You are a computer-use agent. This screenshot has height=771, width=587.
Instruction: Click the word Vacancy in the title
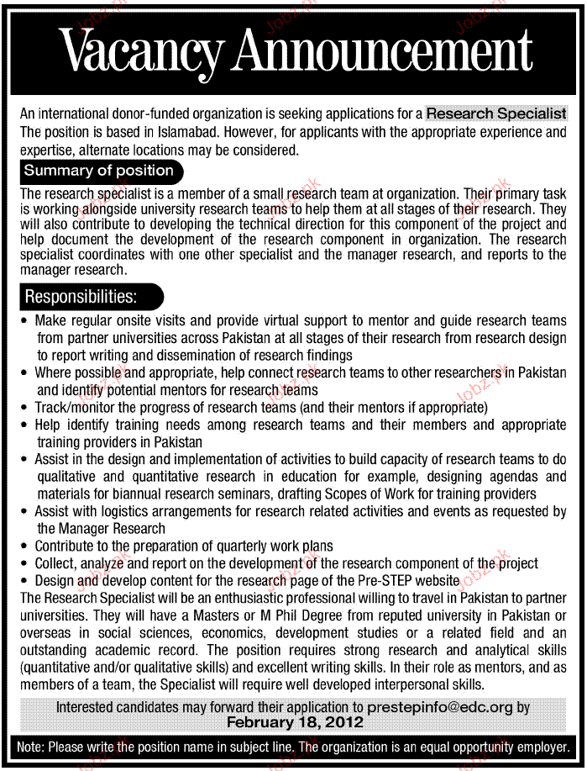pos(143,52)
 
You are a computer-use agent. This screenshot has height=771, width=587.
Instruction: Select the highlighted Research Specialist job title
pos(496,114)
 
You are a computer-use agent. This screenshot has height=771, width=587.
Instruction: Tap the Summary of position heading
pos(98,171)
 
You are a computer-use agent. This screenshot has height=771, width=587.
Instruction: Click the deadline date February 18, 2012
pos(295,722)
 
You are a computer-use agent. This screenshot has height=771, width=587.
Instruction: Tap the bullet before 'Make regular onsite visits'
pos(25,320)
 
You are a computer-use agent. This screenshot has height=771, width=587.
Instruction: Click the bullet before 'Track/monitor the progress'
pos(25,407)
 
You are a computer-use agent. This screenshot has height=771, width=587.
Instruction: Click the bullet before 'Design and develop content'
pos(25,580)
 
